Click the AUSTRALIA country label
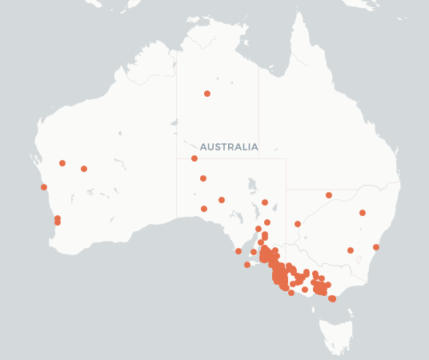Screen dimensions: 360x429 [229, 147]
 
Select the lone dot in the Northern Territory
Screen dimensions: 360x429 [207, 94]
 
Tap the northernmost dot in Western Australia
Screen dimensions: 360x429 [62, 163]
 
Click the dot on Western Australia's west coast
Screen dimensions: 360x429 [44, 187]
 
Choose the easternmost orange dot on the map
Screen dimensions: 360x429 [376, 247]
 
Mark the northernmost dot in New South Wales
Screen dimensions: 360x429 [329, 195]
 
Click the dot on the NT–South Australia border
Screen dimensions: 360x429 [194, 158]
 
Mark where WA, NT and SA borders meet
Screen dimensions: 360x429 [177, 158]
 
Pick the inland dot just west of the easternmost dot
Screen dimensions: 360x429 [351, 250]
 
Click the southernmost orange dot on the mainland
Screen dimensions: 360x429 [332, 298]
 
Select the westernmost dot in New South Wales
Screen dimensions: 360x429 [298, 224]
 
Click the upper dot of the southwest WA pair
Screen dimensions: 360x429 [57, 218]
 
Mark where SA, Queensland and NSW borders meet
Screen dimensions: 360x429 [286, 190]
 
